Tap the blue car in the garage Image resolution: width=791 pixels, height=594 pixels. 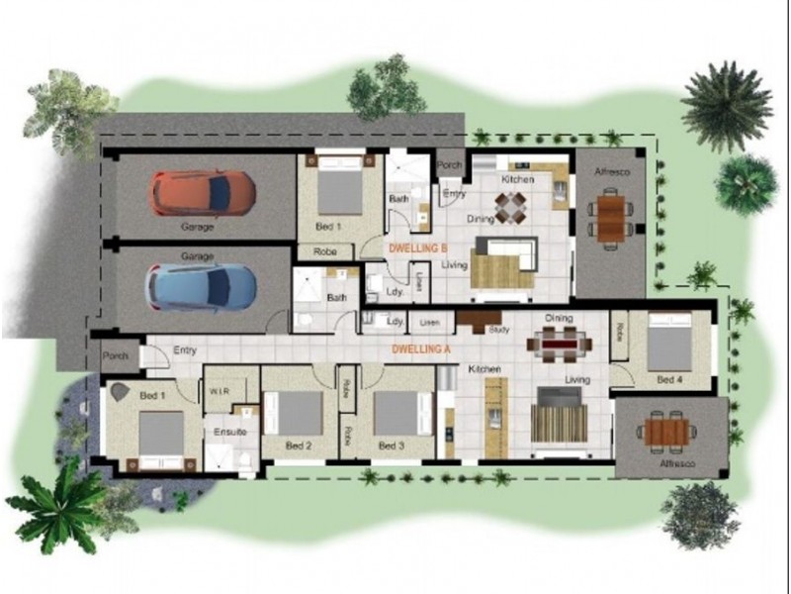tap(202, 287)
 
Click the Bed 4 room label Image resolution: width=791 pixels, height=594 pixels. tap(669, 379)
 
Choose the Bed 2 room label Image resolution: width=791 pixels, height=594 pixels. tap(299, 445)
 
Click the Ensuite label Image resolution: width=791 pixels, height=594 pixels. tap(229, 433)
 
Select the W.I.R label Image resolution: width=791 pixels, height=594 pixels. tap(220, 390)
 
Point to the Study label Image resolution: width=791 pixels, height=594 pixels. tap(497, 331)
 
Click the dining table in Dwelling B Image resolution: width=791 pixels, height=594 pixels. tap(512, 206)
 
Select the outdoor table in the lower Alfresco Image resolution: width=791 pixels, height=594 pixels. tap(668, 431)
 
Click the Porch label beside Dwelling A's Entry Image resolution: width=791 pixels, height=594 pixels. tap(115, 354)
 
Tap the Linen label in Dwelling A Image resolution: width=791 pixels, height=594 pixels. tap(428, 323)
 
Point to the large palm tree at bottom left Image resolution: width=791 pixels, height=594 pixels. tap(59, 505)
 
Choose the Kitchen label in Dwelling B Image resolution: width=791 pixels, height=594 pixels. tap(518, 180)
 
